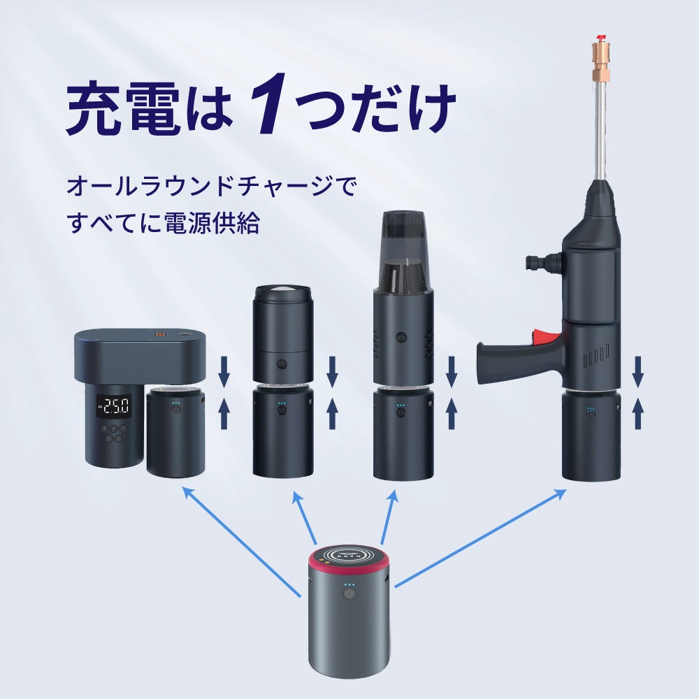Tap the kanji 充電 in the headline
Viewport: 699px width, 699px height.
(123, 108)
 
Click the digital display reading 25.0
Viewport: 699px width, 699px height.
(115, 406)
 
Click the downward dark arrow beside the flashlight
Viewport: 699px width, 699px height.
(332, 371)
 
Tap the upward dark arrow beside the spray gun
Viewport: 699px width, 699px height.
(638, 413)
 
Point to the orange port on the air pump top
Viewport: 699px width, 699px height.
(158, 333)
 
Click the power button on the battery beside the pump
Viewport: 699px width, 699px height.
(176, 409)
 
